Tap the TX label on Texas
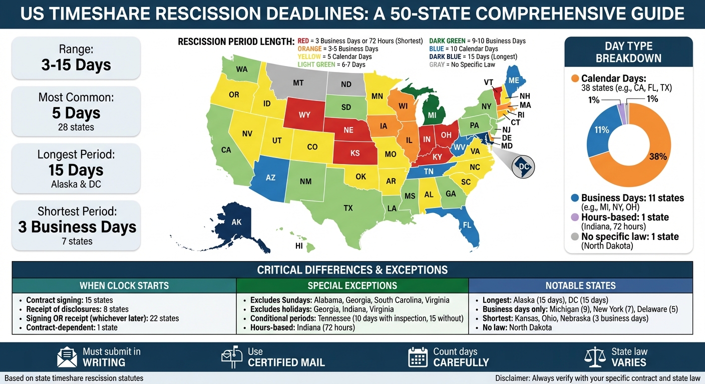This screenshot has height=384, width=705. point(347,207)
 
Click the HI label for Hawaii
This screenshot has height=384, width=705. point(299,246)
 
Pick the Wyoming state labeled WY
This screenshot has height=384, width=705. point(304,115)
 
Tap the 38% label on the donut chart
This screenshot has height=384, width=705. point(658,156)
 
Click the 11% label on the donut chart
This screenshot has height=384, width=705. point(601,130)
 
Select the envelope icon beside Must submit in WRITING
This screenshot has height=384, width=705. point(67,357)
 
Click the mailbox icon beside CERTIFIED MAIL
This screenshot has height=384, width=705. point(232,357)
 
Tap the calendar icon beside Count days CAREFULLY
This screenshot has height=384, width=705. point(418,357)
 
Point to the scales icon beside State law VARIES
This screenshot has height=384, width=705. point(594,357)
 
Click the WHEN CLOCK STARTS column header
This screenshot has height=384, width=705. point(124,286)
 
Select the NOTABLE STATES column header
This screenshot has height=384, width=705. point(580,286)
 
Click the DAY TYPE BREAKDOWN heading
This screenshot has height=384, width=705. point(628,52)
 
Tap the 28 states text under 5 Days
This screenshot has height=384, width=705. point(76,127)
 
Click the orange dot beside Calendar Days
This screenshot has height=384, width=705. point(574,78)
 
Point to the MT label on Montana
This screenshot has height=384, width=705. point(298,83)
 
